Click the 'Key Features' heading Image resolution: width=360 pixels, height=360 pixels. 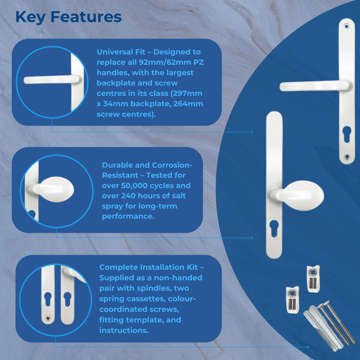tap(68, 17)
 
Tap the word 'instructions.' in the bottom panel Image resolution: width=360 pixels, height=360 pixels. tap(124, 331)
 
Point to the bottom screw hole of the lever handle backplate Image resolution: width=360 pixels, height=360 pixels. tap(347, 156)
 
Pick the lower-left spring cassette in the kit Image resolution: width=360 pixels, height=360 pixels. tap(291, 298)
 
